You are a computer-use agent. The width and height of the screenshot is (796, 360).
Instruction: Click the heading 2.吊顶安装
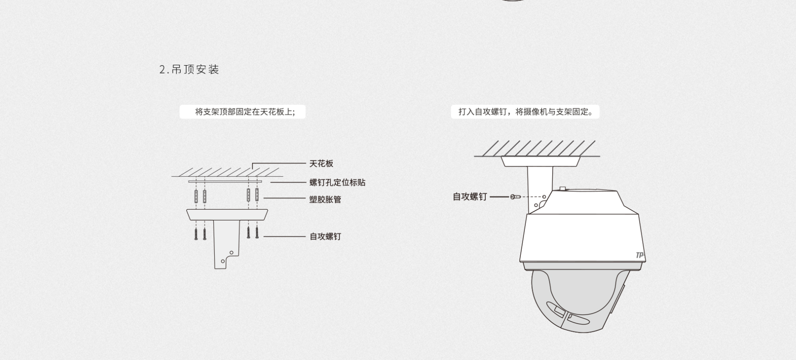189,70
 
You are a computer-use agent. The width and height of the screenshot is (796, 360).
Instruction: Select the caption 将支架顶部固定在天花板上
245,112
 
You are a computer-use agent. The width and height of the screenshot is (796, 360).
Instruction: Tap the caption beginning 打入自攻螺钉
525,112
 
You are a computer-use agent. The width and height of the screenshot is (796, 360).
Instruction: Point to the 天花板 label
321,164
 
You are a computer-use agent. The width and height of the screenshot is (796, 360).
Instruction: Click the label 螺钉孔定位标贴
337,183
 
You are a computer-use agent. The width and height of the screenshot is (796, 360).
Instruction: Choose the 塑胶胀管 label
325,199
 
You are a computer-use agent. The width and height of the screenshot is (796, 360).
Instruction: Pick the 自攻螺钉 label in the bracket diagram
325,237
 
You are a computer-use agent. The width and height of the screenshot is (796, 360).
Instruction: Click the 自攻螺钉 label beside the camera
469,197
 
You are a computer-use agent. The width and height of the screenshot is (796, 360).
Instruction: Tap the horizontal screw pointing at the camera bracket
515,197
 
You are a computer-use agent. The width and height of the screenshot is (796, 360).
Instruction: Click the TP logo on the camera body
640,256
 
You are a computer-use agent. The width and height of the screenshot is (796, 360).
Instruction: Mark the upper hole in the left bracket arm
231,252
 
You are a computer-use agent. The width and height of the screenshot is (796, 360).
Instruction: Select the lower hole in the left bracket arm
222,262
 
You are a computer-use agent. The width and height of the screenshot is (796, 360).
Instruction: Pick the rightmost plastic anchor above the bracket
257,196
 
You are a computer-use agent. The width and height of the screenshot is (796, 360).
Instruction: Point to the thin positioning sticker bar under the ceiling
225,181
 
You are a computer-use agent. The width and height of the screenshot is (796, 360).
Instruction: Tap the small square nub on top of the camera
563,188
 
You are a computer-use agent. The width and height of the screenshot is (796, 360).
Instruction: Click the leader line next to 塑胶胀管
284,198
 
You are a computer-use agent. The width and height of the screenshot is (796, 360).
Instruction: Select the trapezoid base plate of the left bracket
226,215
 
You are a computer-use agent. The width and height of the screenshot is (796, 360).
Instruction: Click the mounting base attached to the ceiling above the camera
540,161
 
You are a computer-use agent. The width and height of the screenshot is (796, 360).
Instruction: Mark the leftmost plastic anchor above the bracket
196,196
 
